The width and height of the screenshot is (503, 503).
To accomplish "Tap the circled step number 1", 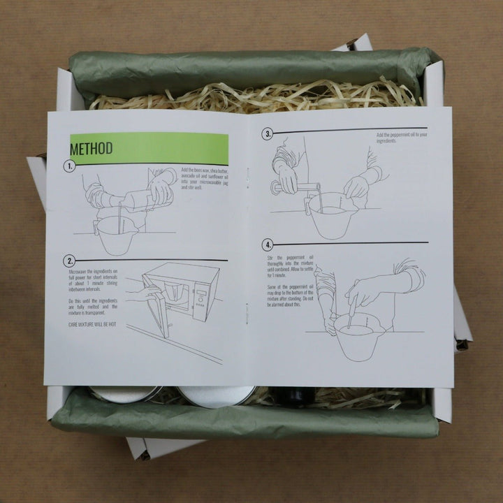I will [69, 168].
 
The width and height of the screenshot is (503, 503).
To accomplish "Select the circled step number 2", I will [69, 260].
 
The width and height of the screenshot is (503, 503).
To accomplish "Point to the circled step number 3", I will [267, 133].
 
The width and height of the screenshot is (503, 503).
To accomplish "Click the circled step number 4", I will [267, 245].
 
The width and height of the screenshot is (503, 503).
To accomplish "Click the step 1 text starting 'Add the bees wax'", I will [203, 179].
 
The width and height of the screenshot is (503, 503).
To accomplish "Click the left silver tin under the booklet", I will [126, 395].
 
